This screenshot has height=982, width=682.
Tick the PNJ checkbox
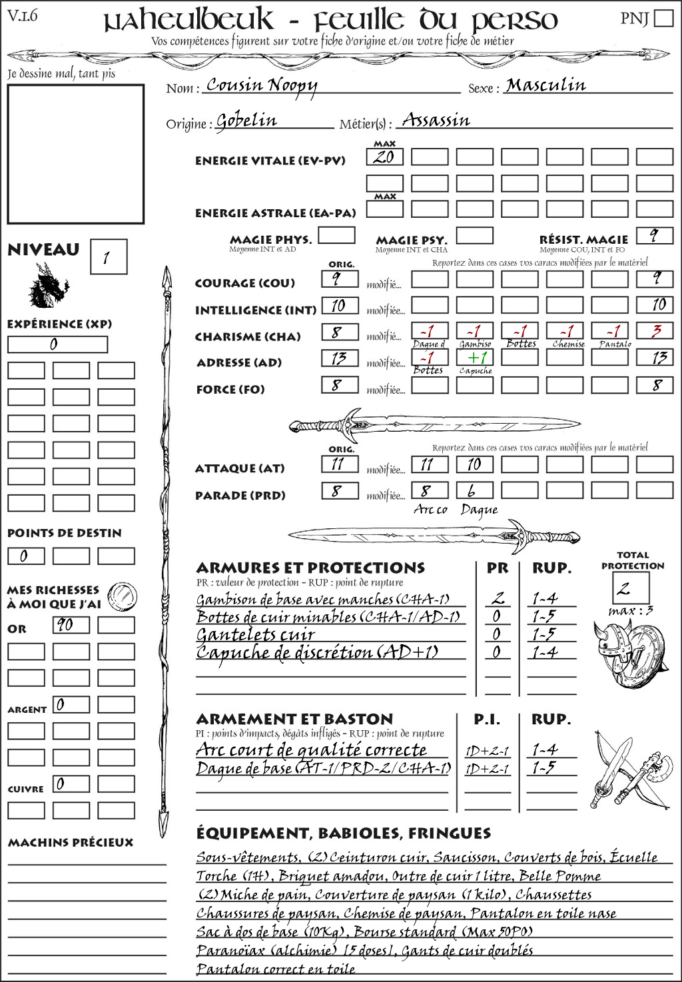663,17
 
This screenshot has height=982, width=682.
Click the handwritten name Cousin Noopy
261,85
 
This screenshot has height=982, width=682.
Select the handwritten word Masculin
545,85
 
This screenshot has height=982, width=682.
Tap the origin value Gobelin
246,121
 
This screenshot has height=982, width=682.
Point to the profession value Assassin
436,121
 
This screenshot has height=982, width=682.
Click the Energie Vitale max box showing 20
384,157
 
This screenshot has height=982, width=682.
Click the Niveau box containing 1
108,257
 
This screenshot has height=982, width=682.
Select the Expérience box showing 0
57,344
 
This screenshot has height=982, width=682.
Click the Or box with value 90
71,625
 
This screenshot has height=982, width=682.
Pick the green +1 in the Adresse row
475,357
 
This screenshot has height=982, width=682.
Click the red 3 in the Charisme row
655,331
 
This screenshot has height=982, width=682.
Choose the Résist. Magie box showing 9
655,235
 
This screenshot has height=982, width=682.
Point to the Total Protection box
631,588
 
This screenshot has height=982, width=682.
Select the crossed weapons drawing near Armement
629,769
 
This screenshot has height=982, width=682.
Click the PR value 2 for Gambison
497,598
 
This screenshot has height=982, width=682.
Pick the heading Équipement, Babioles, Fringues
343,833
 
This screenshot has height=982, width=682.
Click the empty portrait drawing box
75,154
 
